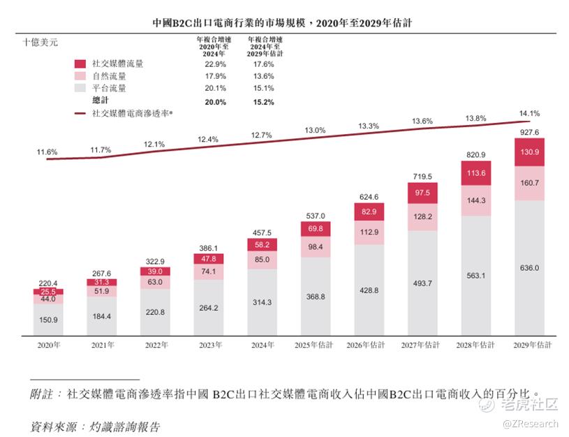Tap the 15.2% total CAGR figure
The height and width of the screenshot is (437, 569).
click(264, 102)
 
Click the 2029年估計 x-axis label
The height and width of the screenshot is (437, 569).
click(532, 345)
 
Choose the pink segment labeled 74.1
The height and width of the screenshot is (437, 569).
click(208, 271)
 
